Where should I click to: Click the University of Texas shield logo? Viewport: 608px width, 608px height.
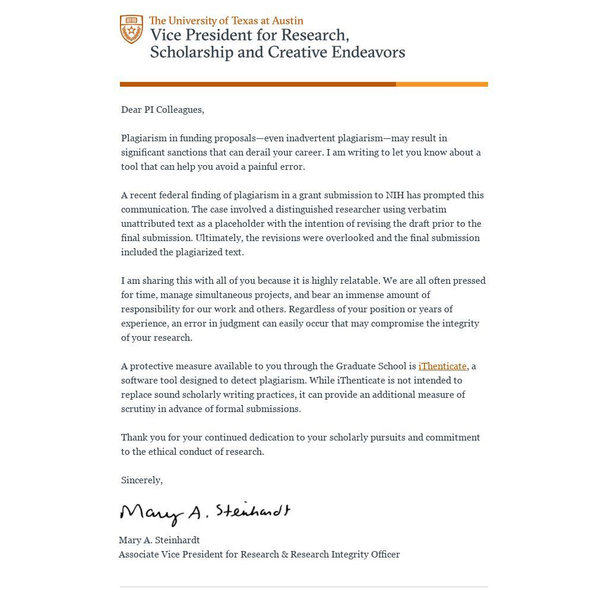(131, 29)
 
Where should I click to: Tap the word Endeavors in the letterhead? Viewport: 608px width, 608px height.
(368, 52)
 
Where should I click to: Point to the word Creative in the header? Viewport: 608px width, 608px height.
(297, 52)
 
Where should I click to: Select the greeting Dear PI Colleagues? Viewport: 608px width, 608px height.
(162, 110)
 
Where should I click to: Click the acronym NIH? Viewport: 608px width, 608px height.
(395, 195)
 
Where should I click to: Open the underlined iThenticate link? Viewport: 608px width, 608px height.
(442, 366)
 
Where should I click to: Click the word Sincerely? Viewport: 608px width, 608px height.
(141, 480)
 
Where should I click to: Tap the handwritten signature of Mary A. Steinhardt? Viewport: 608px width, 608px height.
(205, 513)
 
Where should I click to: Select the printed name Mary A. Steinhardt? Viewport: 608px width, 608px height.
(159, 540)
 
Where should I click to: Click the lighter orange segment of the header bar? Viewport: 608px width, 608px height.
(442, 84)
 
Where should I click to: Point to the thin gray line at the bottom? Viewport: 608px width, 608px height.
(304, 587)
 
